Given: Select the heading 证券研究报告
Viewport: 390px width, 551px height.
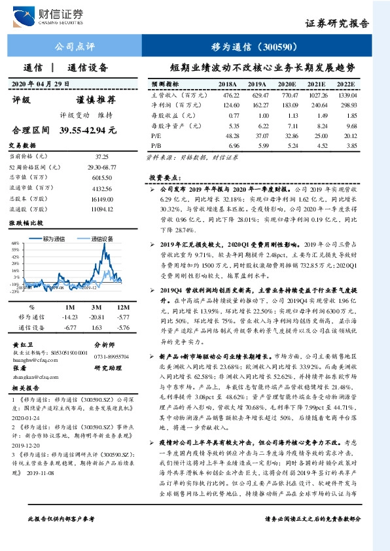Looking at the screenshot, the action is [x=337, y=23].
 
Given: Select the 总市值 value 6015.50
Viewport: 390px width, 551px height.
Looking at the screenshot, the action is [x=102, y=177].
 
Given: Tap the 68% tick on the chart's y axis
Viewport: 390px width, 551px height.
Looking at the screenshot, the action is [x=14, y=243].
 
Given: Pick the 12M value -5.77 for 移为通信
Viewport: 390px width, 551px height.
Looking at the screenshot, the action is [x=122, y=316].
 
